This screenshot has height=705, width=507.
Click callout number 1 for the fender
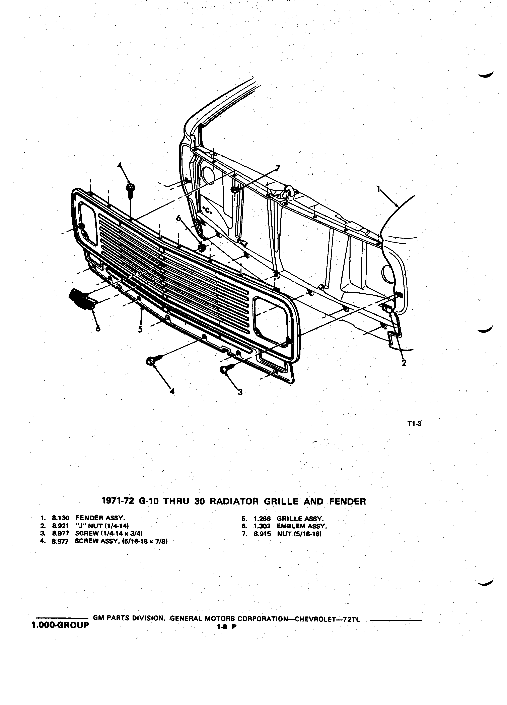click(x=378, y=189)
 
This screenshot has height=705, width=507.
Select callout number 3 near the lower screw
click(x=240, y=392)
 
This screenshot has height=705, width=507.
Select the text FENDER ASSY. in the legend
click(x=100, y=518)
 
